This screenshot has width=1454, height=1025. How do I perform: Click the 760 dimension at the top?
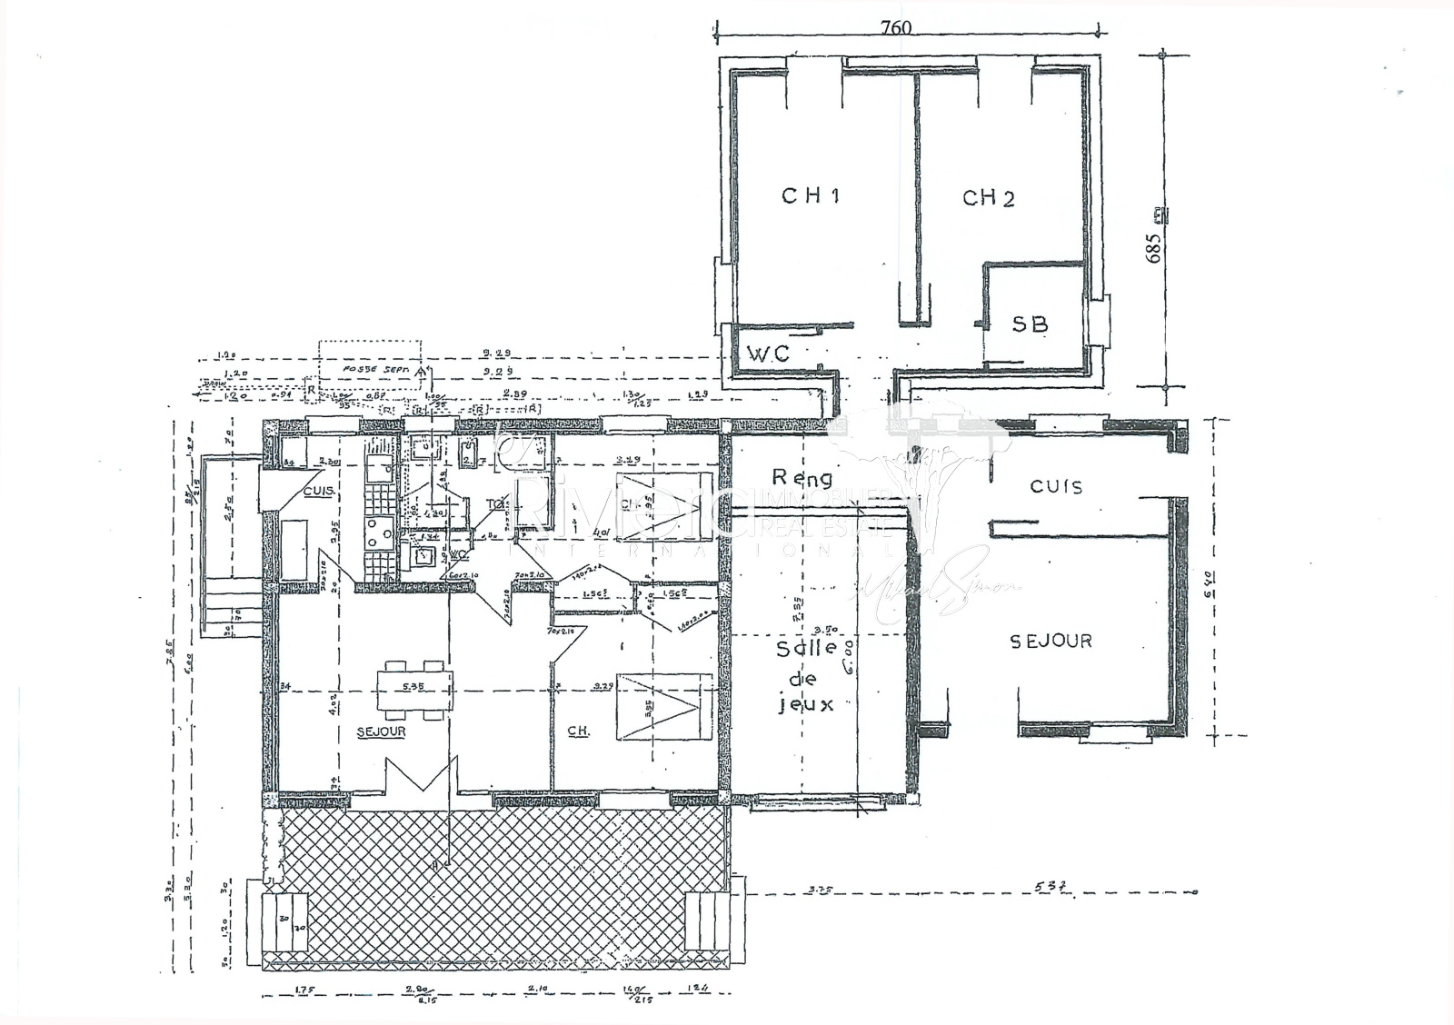point(895,27)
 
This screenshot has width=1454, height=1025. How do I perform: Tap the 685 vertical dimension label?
point(1154,248)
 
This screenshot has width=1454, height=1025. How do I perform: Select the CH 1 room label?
point(810,195)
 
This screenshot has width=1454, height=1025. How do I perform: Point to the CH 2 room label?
point(988,198)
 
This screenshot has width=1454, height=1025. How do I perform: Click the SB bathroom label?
point(1030,323)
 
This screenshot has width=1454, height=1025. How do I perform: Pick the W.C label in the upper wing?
point(768,353)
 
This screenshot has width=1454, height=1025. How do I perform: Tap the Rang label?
point(802,476)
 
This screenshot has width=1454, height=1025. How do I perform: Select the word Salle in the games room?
point(808,650)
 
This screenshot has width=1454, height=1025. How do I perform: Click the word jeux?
point(806,704)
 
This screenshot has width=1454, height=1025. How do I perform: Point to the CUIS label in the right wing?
point(1056,487)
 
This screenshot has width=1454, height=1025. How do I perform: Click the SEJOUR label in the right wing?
point(1051,642)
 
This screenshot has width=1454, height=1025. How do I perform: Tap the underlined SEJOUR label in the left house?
point(381,731)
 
